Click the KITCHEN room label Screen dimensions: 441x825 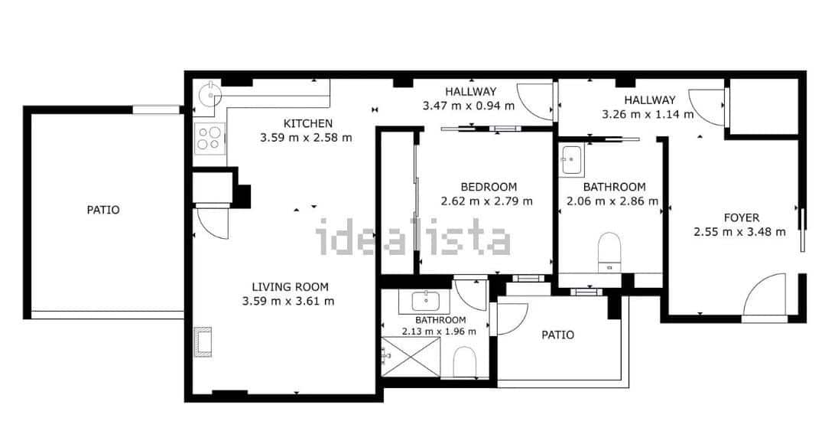(x=307, y=123)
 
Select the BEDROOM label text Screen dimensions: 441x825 (x=488, y=187)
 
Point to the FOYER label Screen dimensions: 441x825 (x=741, y=217)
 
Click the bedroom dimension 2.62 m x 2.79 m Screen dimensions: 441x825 (x=487, y=201)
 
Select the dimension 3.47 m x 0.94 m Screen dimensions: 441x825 (x=469, y=106)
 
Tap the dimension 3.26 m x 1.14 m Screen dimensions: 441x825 (x=648, y=115)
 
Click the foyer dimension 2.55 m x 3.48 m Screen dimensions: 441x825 (x=739, y=232)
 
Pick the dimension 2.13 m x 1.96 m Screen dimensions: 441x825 (x=440, y=332)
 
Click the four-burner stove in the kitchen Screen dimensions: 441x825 (x=209, y=139)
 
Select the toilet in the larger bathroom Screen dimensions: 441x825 (x=609, y=250)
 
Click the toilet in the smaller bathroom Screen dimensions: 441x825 (x=464, y=361)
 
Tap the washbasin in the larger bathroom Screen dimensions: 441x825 (x=570, y=161)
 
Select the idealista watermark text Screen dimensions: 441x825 (x=413, y=238)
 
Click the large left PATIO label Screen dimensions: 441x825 (x=103, y=209)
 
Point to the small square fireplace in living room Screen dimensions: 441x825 (x=203, y=341)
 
